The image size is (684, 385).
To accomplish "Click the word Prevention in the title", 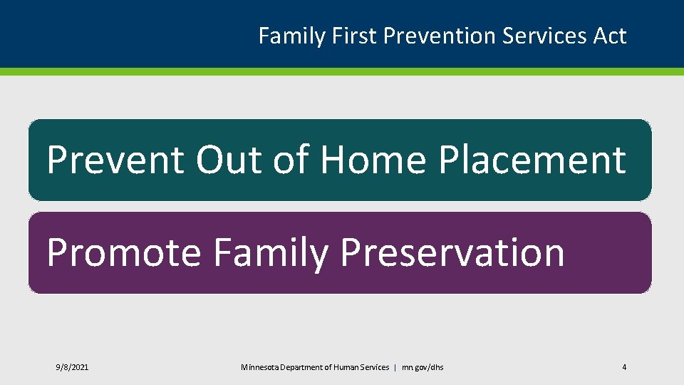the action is pos(440,36).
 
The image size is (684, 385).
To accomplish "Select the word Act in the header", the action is pos(610,36).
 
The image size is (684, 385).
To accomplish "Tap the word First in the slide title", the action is pos(354,36).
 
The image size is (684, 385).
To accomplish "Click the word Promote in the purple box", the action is pos(124,252).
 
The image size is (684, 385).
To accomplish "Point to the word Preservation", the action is pos(452,252).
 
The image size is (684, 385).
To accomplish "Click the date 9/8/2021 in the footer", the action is pos(72,368).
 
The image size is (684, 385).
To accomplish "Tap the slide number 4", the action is pos(624,367).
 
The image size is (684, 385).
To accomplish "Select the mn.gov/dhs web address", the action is pos(423,368).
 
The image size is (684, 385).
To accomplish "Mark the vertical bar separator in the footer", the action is pos(395,368).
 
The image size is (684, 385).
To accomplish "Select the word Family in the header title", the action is pos(292,36).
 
